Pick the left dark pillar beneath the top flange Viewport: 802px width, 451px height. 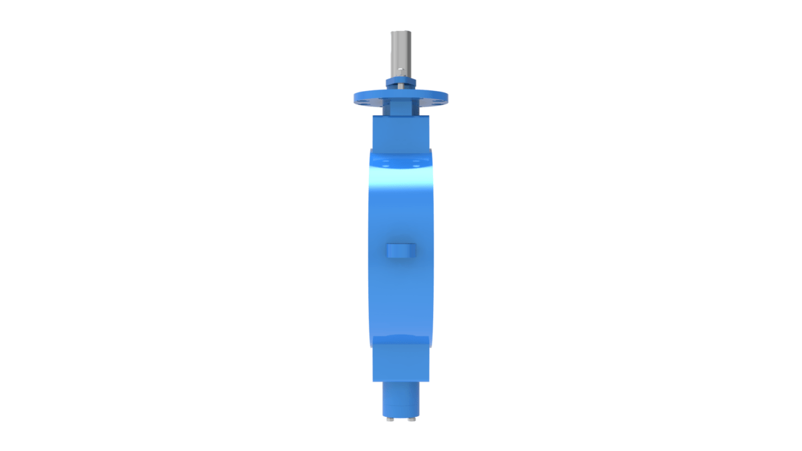click(386, 107)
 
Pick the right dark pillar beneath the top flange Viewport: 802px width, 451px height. click(415, 107)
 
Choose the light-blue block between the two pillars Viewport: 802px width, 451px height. click(401, 107)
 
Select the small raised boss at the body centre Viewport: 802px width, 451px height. click(401, 250)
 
